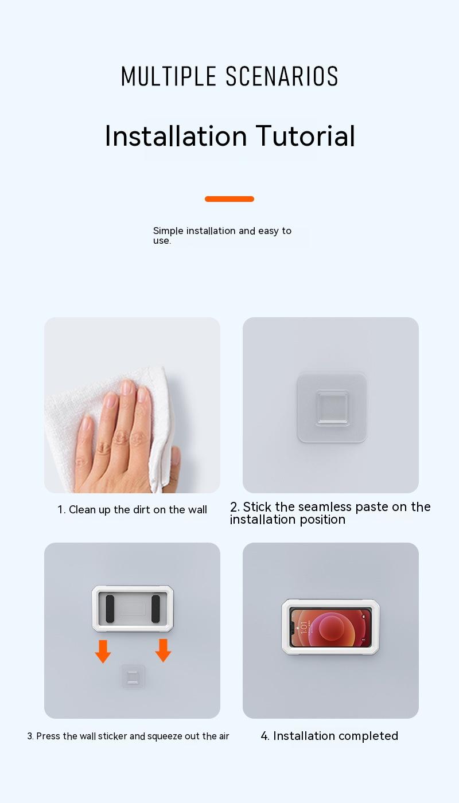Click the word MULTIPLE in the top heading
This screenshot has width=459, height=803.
coord(169,76)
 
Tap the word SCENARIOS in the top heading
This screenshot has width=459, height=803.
coord(282,76)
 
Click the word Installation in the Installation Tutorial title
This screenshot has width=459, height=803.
coord(176,136)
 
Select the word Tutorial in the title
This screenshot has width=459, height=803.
coord(305,136)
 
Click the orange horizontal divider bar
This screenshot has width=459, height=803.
coord(229,199)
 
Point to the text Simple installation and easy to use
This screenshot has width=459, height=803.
coord(223,236)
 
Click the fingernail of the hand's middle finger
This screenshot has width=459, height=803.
coord(126,388)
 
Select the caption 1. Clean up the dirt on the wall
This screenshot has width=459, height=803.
coord(133,509)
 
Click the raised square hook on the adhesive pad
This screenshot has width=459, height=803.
coord(332,408)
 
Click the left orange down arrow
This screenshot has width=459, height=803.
coord(103,652)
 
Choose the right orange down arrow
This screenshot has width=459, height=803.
coord(163,650)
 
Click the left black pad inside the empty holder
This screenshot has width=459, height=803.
coord(110,609)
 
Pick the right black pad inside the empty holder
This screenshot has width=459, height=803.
coord(155,609)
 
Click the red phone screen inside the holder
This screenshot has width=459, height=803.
coord(330,627)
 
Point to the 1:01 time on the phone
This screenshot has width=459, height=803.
coord(304,627)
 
